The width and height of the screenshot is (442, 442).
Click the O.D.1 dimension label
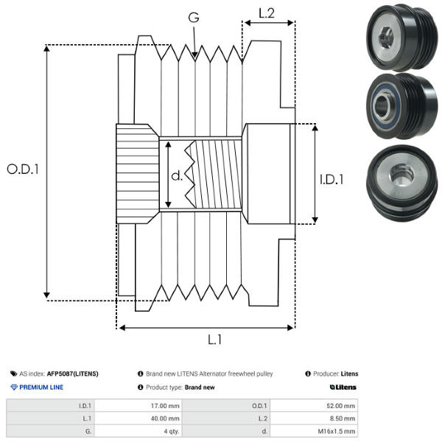coord(23,169)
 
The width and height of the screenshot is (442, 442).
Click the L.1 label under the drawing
coord(214,340)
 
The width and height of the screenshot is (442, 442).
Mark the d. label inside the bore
coord(177,176)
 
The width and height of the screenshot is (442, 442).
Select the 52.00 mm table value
coord(341,405)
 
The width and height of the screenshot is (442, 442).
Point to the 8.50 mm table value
coord(343,418)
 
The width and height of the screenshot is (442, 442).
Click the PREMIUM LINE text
coord(41,387)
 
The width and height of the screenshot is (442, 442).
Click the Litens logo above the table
coord(343,387)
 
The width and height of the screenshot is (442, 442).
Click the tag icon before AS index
coord(14,373)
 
